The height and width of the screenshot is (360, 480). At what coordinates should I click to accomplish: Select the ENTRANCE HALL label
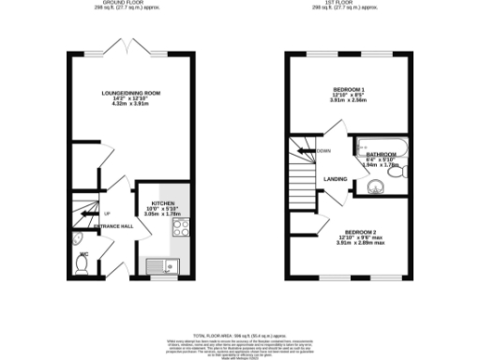[114, 227]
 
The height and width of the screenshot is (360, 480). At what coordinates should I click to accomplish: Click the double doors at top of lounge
[132, 49]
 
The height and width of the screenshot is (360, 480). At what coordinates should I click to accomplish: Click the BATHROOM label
[380, 155]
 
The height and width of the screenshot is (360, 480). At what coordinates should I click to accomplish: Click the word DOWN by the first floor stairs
[323, 151]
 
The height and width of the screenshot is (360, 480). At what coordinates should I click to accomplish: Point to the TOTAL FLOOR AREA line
[240, 335]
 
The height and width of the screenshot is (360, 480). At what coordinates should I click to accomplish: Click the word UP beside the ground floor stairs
[108, 215]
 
